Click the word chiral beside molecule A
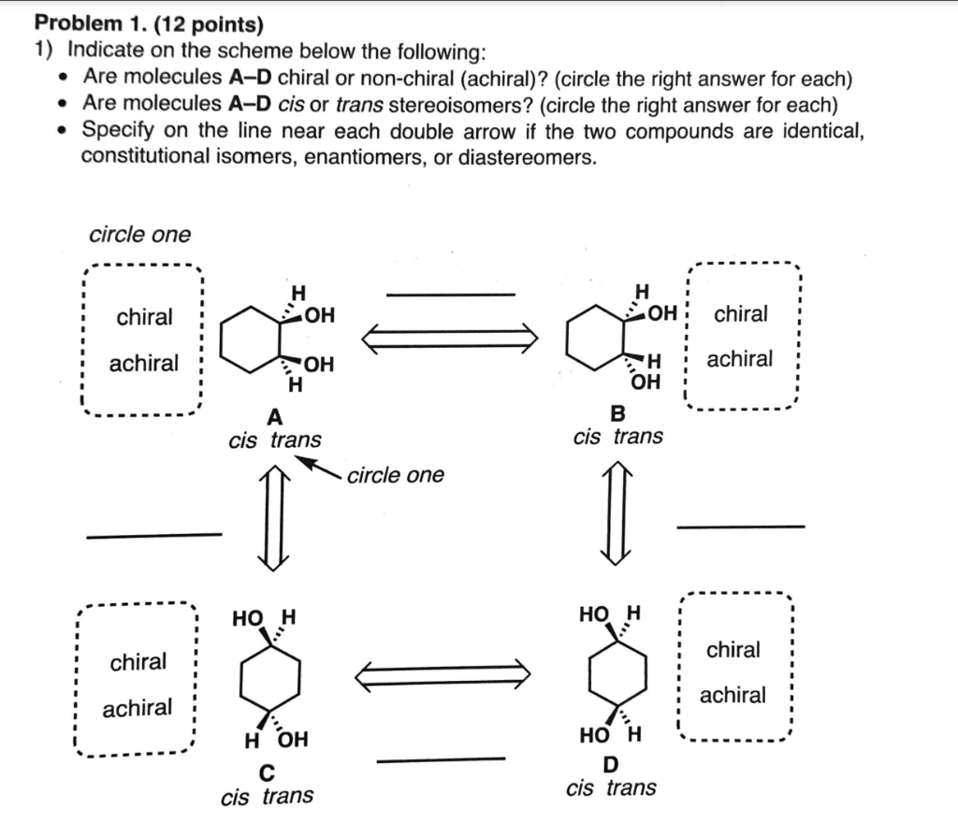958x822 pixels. pos(144,317)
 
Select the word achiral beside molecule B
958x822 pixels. pos(739,359)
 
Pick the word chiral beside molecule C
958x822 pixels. pos(138,662)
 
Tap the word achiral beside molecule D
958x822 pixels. pos(733,695)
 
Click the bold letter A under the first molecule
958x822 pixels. pos(274,416)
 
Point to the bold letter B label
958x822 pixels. pos(617,412)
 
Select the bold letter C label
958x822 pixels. pos(268,772)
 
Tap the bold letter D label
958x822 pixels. pos(613,766)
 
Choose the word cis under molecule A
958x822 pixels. pos(243,440)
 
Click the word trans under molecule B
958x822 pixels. pos(638,436)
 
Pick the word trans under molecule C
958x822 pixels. pos(287,796)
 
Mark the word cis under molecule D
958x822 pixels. pos(581,787)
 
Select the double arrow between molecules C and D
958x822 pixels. pos(443,673)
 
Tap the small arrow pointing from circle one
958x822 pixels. pos(321,467)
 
